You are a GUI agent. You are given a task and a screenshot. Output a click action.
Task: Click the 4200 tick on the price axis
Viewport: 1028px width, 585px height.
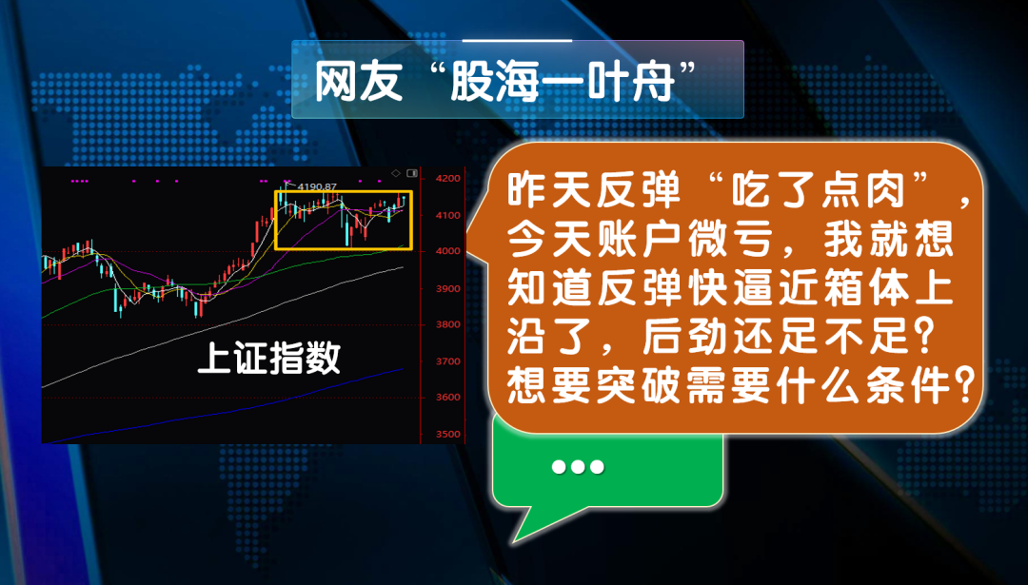(x=447, y=178)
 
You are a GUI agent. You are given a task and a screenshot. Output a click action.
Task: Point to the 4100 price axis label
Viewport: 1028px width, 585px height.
(x=447, y=215)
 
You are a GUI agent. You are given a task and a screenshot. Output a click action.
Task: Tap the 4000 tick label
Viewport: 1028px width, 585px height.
(x=447, y=251)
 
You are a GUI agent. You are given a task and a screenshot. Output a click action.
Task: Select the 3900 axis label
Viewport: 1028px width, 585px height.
(x=447, y=288)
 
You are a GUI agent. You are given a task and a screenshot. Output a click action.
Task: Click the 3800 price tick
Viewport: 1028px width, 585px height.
(x=447, y=324)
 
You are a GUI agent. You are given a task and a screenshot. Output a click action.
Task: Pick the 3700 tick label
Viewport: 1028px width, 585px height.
(x=447, y=361)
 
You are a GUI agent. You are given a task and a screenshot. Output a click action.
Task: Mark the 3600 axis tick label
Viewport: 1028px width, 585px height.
(x=447, y=397)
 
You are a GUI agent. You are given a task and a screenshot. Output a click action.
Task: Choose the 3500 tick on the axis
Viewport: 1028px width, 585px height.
(x=447, y=434)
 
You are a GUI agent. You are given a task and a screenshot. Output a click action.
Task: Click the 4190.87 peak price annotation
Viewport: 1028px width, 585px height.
(x=317, y=186)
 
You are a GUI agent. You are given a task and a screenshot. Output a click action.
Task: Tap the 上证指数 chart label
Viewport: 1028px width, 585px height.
(x=268, y=359)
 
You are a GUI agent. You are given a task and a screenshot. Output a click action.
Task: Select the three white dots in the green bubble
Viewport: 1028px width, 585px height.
(x=578, y=467)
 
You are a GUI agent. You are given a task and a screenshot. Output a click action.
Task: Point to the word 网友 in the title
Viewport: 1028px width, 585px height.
(x=358, y=82)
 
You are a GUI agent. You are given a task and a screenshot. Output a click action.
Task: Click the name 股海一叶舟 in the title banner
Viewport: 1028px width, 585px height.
(x=562, y=82)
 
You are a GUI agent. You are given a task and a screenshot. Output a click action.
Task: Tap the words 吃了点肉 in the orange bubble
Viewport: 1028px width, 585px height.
(x=822, y=191)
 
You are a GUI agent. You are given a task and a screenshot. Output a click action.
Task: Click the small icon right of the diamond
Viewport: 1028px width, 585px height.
(x=412, y=173)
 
